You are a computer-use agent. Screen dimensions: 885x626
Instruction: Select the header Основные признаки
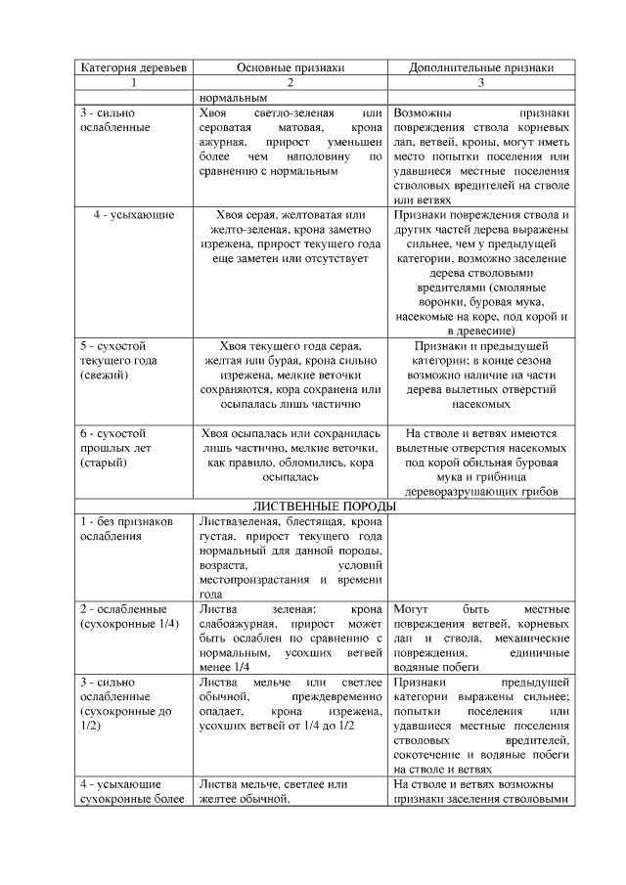[291, 68]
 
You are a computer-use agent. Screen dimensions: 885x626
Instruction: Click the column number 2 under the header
[291, 83]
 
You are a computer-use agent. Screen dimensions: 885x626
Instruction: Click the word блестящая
[311, 522]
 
